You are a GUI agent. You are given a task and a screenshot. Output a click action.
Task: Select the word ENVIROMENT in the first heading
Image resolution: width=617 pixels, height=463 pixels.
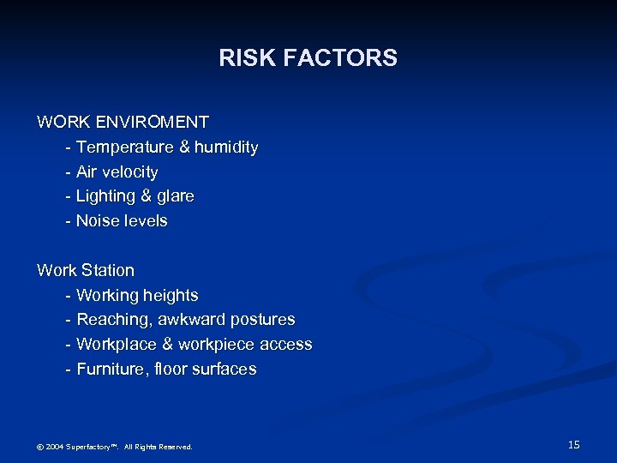point(157,123)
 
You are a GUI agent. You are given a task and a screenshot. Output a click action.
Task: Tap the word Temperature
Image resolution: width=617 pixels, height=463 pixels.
point(125,147)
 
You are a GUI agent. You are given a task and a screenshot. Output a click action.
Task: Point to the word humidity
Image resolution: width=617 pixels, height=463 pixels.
point(226,147)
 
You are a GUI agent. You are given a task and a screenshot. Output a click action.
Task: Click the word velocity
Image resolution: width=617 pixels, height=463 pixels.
point(129,172)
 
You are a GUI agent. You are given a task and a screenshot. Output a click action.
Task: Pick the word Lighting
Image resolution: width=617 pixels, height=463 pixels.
point(104,196)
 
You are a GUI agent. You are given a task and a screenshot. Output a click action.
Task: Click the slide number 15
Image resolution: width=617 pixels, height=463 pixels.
point(574,444)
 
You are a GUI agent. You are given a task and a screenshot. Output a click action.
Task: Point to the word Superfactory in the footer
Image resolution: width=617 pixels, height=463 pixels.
point(92,447)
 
